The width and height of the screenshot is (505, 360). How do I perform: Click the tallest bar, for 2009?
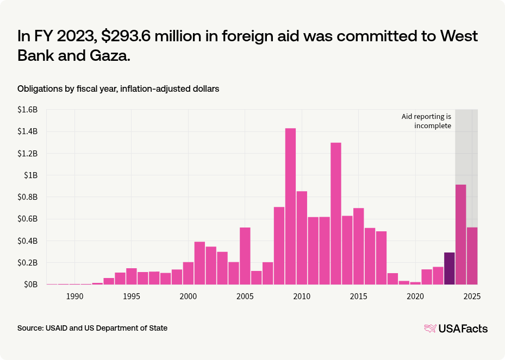click(290, 206)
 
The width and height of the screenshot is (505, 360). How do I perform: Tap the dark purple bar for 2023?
click(450, 268)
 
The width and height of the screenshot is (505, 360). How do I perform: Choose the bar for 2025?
click(472, 256)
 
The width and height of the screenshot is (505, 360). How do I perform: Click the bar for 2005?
click(245, 256)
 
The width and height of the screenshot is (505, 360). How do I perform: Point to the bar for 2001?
click(199, 263)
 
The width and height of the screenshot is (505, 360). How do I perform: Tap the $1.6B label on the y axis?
click(28, 110)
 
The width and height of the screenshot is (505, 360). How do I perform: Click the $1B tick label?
click(32, 175)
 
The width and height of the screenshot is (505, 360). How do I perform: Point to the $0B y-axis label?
click(30, 285)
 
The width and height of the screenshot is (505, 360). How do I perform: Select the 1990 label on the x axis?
click(74, 296)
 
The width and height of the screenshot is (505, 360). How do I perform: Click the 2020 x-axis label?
click(415, 296)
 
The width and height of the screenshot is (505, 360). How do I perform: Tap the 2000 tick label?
click(188, 296)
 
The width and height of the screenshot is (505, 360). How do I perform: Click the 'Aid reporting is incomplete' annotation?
click(427, 121)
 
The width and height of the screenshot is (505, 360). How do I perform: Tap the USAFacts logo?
click(456, 329)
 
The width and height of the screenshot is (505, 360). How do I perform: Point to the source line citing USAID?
click(92, 328)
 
